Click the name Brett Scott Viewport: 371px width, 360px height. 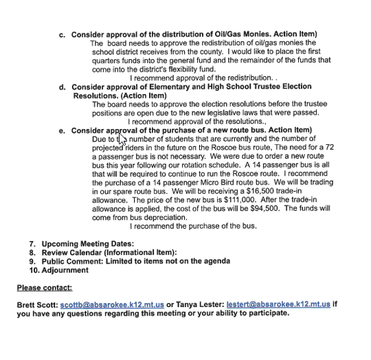pyautogui.click(x=37, y=304)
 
